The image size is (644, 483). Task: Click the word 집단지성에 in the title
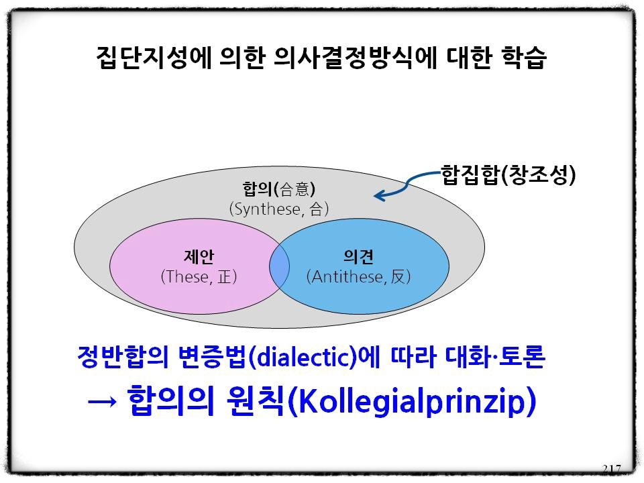(154, 57)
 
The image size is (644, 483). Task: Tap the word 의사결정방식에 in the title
(354, 57)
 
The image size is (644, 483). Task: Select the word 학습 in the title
(524, 57)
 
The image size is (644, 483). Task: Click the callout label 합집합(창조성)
(508, 175)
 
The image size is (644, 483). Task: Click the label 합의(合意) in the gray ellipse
(279, 189)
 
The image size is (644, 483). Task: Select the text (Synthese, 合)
(279, 209)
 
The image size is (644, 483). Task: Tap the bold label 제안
(199, 257)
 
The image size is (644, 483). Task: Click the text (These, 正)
(199, 276)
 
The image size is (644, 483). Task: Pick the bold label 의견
(358, 257)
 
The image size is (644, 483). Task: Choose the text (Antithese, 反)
(358, 276)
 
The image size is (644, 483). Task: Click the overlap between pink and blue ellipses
(279, 266)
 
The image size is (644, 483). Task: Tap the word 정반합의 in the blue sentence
(123, 356)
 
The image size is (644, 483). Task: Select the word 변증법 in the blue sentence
(213, 356)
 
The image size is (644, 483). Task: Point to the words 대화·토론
(495, 356)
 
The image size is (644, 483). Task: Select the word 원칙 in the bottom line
(256, 400)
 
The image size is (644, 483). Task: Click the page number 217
(612, 469)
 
